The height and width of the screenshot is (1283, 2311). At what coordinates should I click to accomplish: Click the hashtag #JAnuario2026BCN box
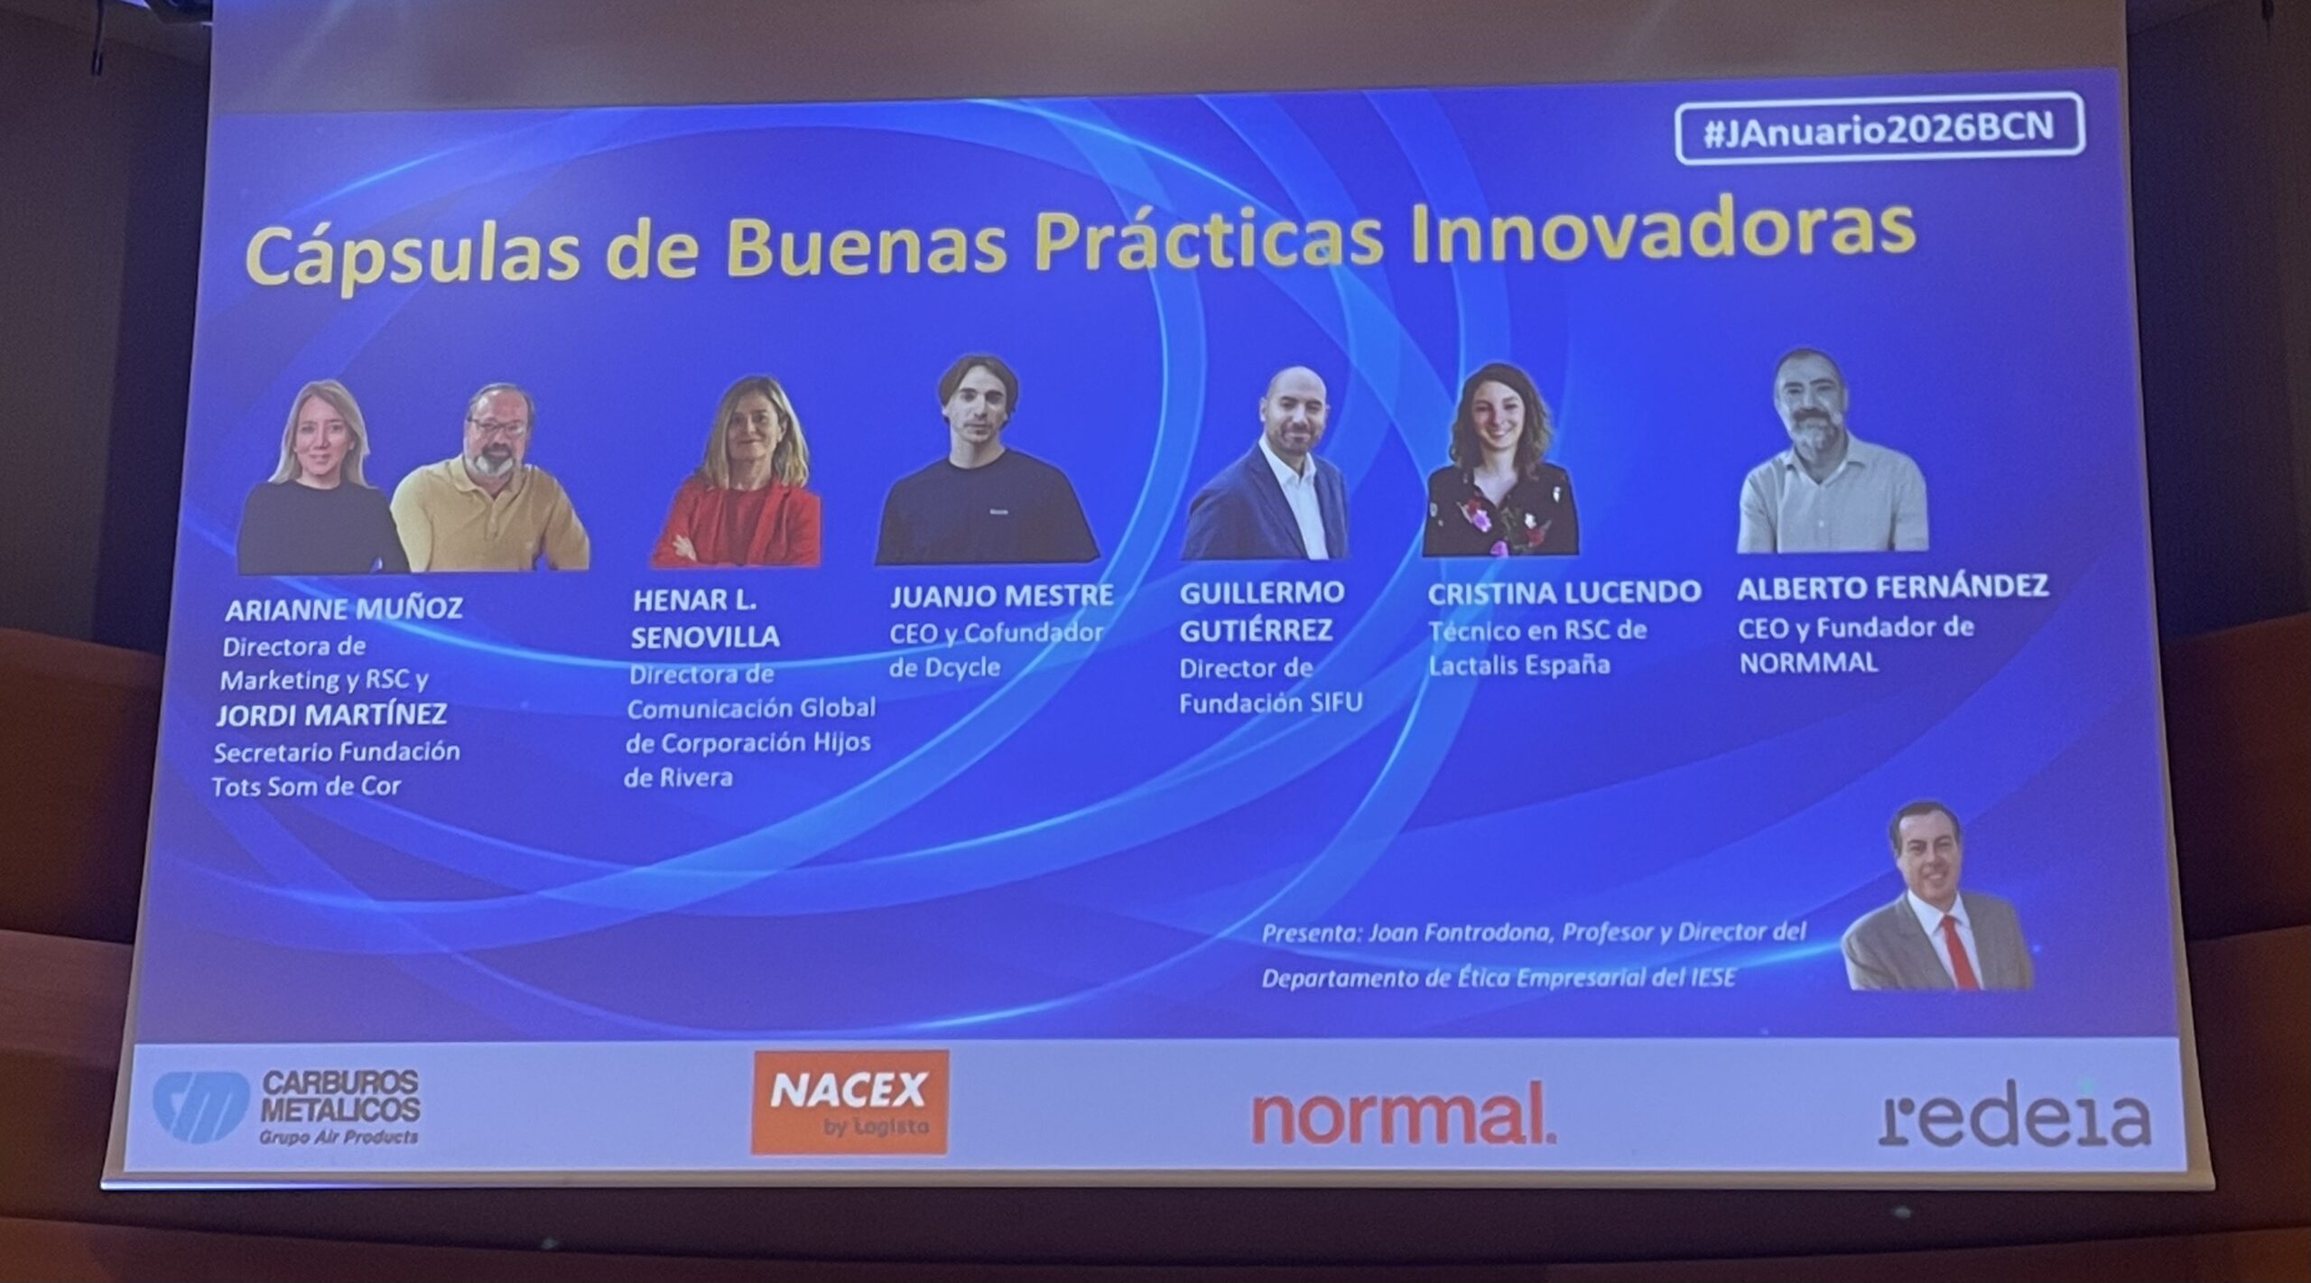pyautogui.click(x=1880, y=128)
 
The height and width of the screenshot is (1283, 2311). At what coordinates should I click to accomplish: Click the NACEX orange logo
pyautogui.click(x=849, y=1102)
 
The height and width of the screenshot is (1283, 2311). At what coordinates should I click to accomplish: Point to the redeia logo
pyautogui.click(x=2015, y=1119)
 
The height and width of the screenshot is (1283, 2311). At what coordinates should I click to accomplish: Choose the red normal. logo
pyautogui.click(x=1403, y=1116)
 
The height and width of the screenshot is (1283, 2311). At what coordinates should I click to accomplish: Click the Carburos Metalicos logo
pyautogui.click(x=287, y=1107)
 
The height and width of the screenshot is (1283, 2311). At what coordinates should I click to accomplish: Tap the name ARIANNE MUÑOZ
pyautogui.click(x=343, y=609)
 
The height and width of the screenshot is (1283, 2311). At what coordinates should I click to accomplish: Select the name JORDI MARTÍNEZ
pyautogui.click(x=330, y=715)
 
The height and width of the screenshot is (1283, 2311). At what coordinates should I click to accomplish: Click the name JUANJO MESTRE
pyautogui.click(x=1002, y=597)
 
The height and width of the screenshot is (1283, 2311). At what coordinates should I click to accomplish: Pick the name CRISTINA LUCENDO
pyautogui.click(x=1564, y=592)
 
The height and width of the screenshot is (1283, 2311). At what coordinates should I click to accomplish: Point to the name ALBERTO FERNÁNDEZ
pyautogui.click(x=1893, y=588)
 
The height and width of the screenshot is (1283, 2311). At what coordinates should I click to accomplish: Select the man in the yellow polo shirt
pyautogui.click(x=489, y=478)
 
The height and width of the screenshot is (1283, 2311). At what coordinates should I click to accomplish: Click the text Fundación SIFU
pyautogui.click(x=1270, y=703)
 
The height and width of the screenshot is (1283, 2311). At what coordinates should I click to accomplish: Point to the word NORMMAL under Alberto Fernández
pyautogui.click(x=1808, y=664)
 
